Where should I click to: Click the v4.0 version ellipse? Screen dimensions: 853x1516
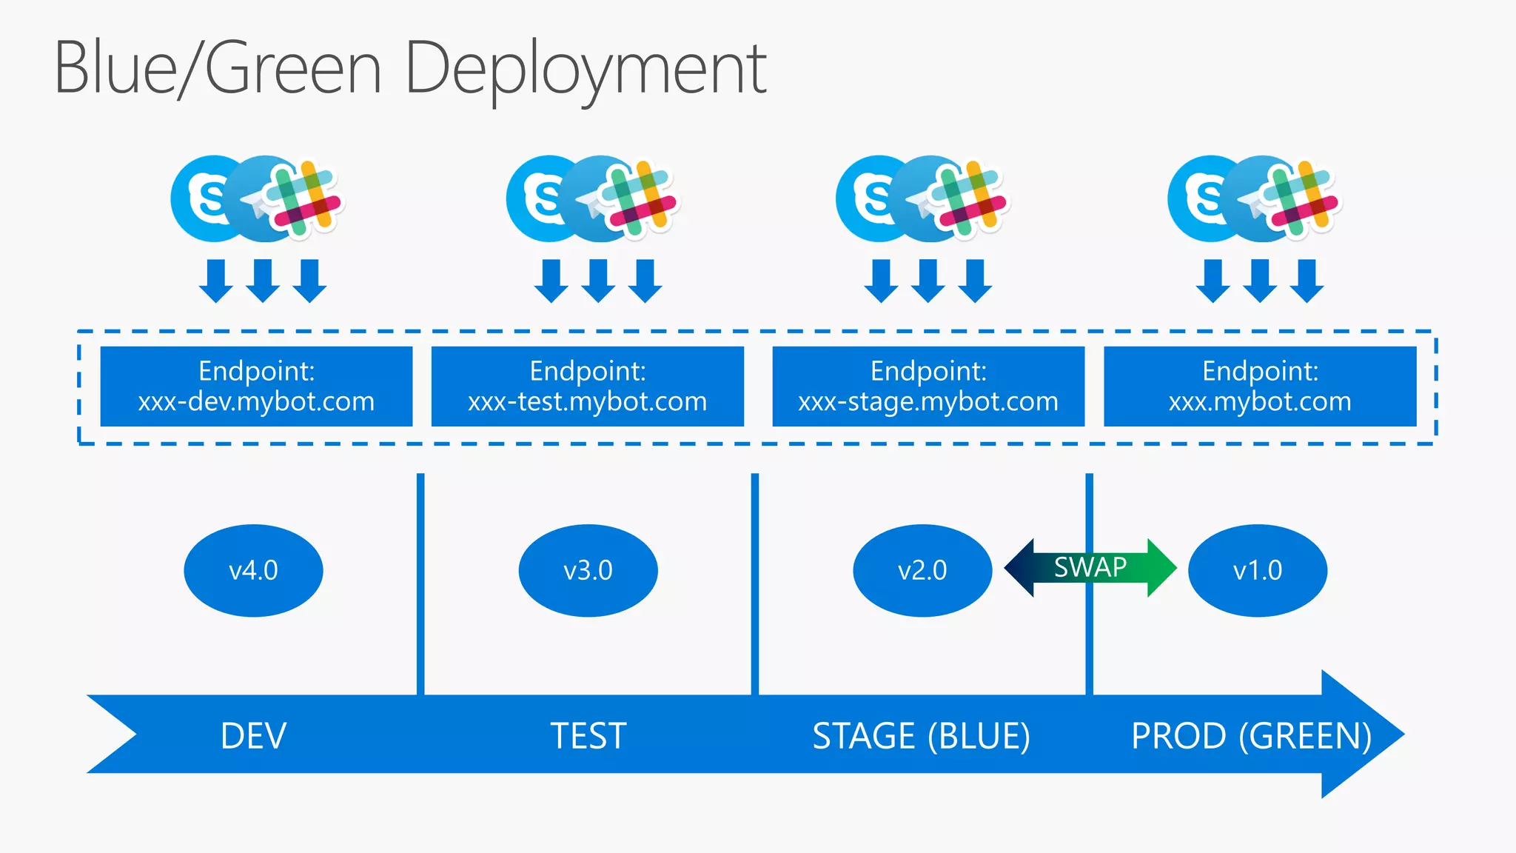(253, 570)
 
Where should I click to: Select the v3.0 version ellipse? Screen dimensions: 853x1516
(588, 570)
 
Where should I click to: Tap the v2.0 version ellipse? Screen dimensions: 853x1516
(922, 570)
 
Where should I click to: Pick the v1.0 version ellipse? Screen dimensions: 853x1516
(1257, 570)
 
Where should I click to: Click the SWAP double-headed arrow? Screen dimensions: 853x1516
(1090, 568)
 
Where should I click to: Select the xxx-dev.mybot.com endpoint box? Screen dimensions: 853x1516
(256, 387)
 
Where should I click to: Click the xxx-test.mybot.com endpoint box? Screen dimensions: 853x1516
(587, 387)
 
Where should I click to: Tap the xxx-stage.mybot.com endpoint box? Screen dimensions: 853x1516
(928, 387)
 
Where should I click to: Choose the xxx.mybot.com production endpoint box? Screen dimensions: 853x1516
(1260, 387)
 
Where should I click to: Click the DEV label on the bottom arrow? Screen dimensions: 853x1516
(253, 736)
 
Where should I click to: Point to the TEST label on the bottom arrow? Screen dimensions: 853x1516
(588, 736)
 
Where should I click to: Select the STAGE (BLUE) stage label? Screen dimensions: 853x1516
(921, 736)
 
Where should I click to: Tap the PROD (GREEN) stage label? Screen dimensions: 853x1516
(1251, 736)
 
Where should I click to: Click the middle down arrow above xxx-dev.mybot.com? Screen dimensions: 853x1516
(263, 281)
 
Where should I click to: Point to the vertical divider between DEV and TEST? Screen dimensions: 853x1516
(420, 585)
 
